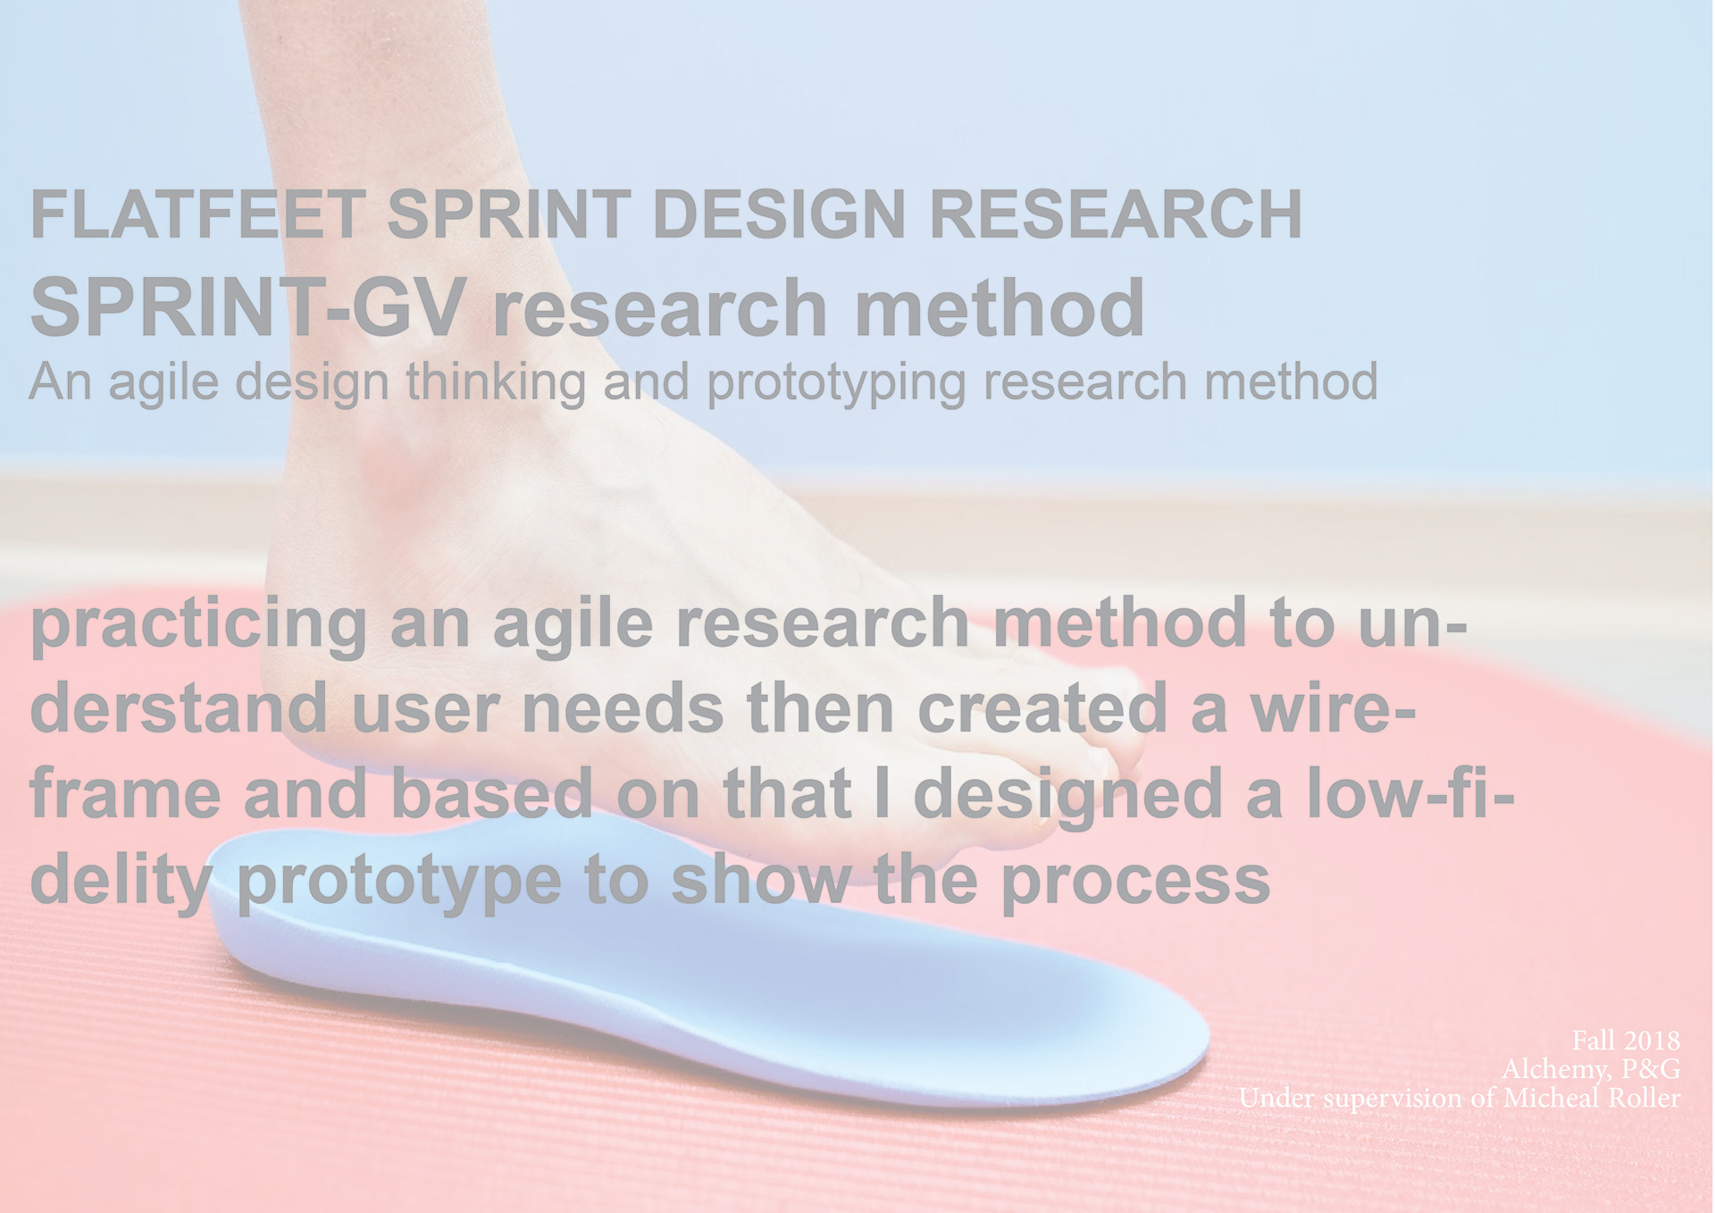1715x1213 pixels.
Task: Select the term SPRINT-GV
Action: pos(248,307)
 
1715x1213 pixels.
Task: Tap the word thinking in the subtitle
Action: pos(496,383)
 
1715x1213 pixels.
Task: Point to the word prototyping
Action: pos(836,383)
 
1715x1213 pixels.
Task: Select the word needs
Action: pos(622,707)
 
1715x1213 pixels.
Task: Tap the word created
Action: pos(1042,707)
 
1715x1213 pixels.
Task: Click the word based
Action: pos(492,793)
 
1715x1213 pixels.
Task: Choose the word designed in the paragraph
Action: pos(1068,795)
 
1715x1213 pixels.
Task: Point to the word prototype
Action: pos(399,882)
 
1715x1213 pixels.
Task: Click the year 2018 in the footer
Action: pos(1652,1041)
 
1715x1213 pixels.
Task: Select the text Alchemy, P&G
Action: pos(1591,1069)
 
